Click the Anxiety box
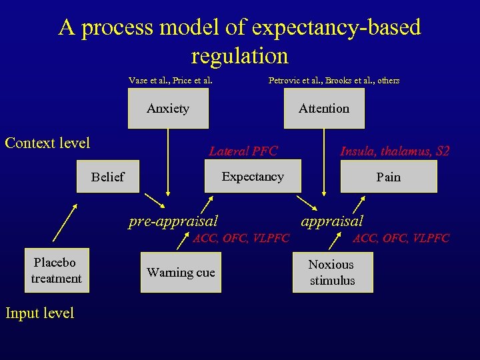pyautogui.click(x=168, y=109)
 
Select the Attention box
pyautogui.click(x=324, y=109)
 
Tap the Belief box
pyautogui.click(x=108, y=177)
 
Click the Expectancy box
pyautogui.click(x=252, y=177)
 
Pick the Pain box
pyautogui.click(x=388, y=177)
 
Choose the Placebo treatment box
pyautogui.click(x=56, y=271)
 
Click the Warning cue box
pyautogui.click(x=181, y=272)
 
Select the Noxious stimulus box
pyautogui.click(x=332, y=272)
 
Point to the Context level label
pyautogui.click(x=47, y=143)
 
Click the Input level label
pyautogui.click(x=39, y=313)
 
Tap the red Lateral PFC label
pyautogui.click(x=243, y=151)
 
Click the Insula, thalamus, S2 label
pyautogui.click(x=395, y=151)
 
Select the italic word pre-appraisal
pyautogui.click(x=173, y=220)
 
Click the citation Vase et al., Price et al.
pyautogui.click(x=171, y=81)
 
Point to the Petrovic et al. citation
pyautogui.click(x=333, y=81)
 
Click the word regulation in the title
pyautogui.click(x=239, y=55)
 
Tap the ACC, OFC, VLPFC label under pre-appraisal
pyautogui.click(x=241, y=238)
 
